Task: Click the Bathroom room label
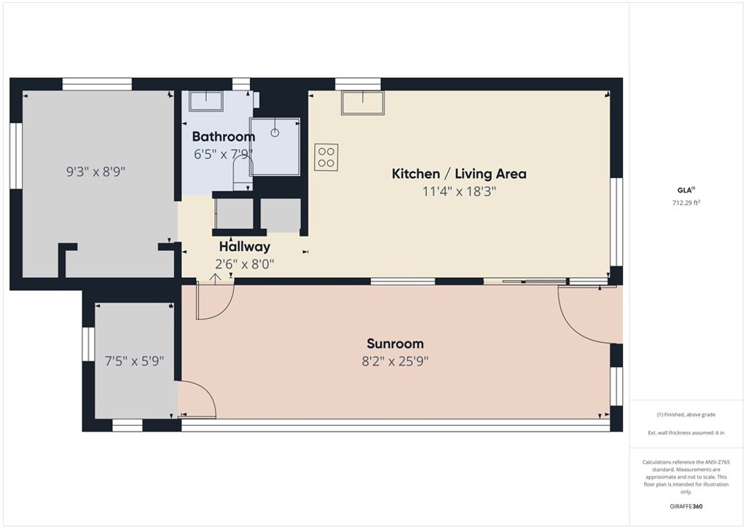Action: tap(224, 136)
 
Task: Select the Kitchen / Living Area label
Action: tap(459, 174)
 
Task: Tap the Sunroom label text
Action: tap(395, 343)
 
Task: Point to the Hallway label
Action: tap(245, 246)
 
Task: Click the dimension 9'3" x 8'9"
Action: tap(96, 172)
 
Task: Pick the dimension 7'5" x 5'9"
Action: tap(134, 360)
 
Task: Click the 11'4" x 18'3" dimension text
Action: tap(459, 192)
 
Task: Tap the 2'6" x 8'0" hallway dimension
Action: tap(245, 264)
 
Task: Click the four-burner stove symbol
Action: tap(326, 157)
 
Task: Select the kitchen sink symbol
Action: tap(362, 103)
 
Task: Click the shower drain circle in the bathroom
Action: tap(275, 133)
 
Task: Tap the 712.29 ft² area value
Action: tap(686, 203)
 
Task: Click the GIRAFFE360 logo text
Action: tap(686, 506)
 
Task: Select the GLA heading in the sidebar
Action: tap(685, 191)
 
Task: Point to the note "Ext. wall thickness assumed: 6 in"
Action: tap(686, 433)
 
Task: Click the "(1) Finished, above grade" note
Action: tap(686, 414)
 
